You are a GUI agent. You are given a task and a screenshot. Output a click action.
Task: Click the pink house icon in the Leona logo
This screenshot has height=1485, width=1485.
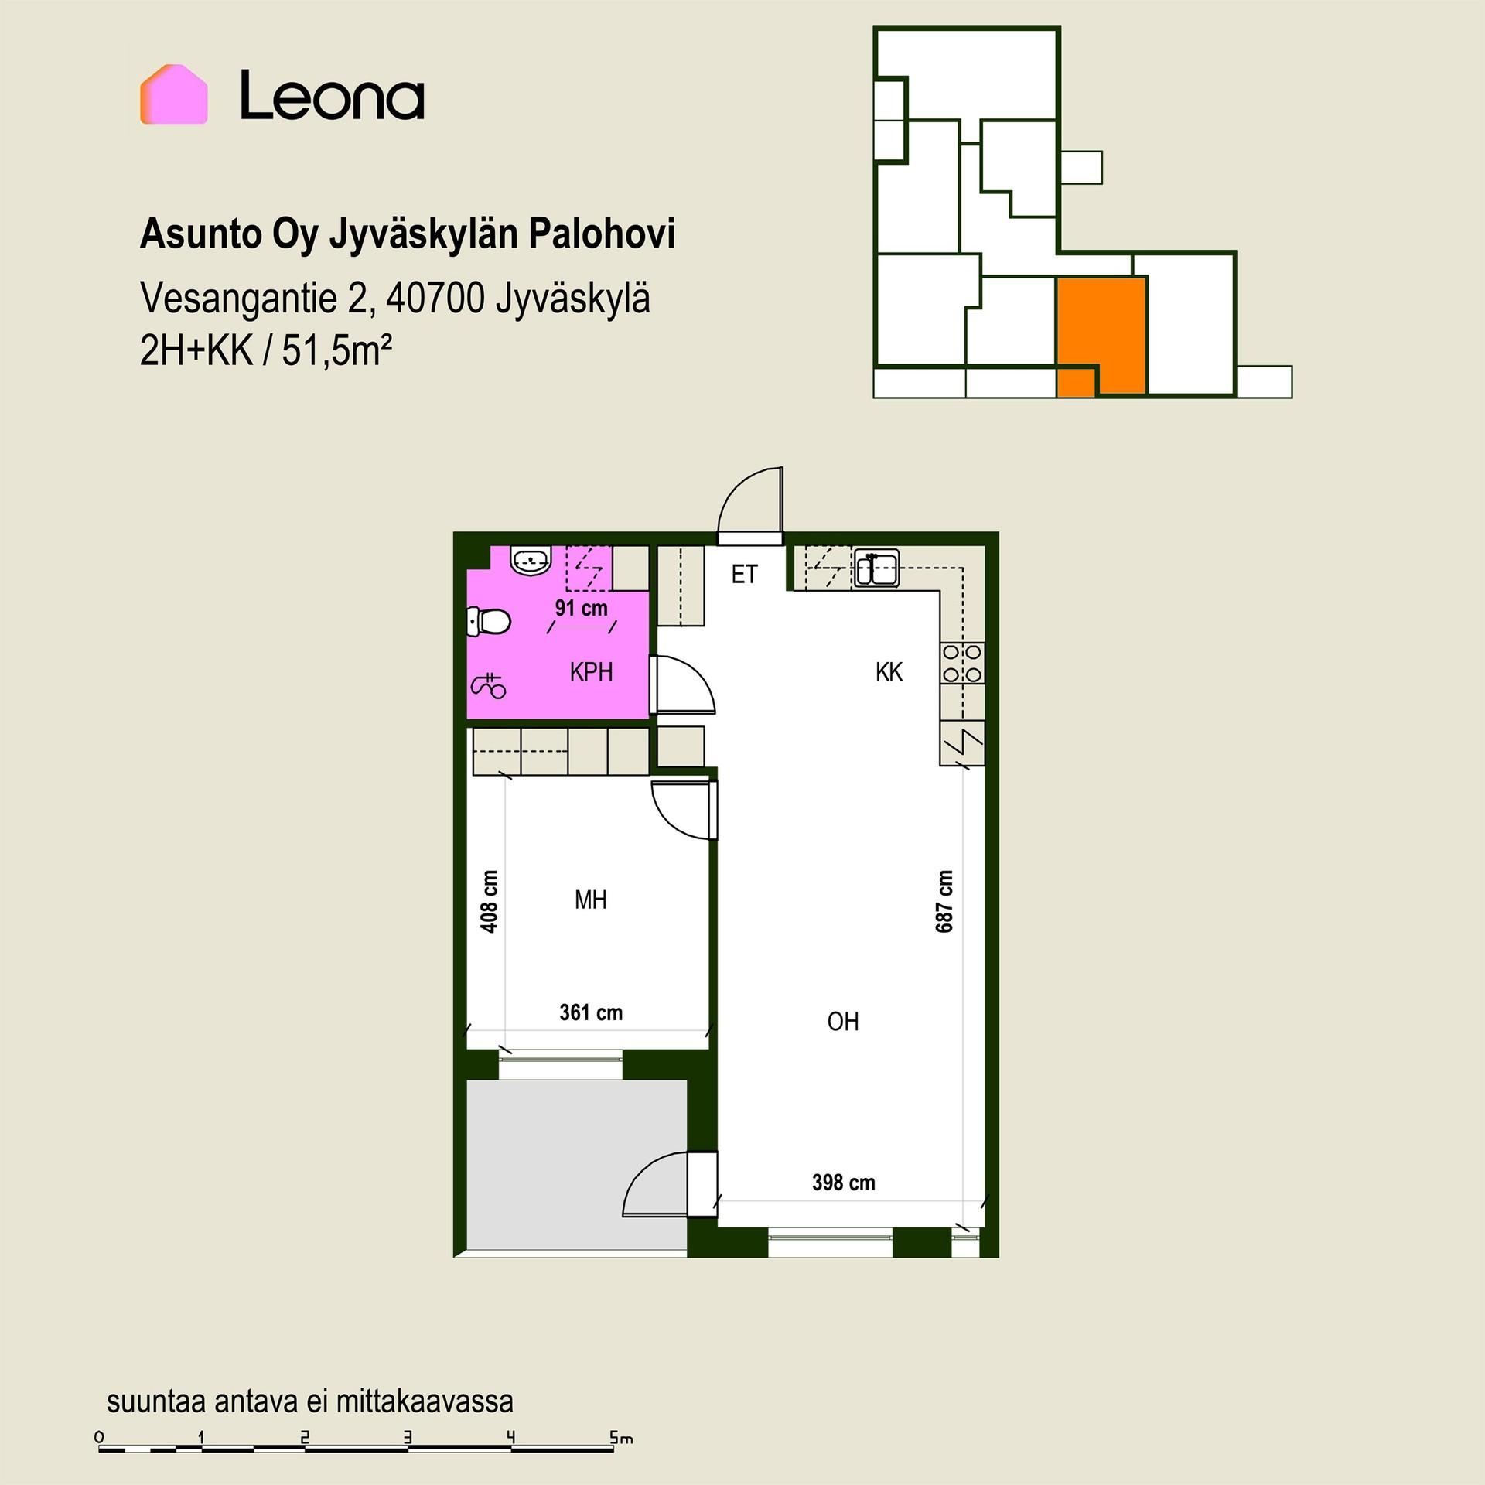click(x=173, y=94)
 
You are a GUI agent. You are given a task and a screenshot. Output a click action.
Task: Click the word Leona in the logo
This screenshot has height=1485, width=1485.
click(x=332, y=96)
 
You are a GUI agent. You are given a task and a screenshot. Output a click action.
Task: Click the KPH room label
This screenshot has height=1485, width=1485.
click(x=591, y=672)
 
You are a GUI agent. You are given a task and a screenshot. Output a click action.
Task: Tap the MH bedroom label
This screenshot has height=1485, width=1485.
click(x=591, y=900)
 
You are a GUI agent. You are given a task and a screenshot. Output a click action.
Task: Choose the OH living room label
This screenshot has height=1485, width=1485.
click(x=843, y=1022)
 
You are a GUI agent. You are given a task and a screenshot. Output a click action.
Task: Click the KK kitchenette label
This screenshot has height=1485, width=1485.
click(x=889, y=672)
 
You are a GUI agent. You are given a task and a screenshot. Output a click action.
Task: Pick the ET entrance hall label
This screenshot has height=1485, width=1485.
click(x=744, y=575)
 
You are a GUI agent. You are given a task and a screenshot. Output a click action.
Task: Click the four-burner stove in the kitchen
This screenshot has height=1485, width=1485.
click(x=962, y=664)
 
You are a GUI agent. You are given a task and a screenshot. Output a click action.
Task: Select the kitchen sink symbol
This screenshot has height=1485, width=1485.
click(x=876, y=569)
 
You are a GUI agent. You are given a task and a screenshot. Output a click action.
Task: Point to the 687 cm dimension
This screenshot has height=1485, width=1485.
click(x=944, y=901)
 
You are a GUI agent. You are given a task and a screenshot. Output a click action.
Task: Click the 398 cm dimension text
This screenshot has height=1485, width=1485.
click(x=843, y=1183)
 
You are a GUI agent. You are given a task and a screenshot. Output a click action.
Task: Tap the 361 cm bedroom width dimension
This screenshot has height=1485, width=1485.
click(x=591, y=1012)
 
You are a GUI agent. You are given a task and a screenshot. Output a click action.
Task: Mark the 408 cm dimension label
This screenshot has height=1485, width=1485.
click(x=489, y=901)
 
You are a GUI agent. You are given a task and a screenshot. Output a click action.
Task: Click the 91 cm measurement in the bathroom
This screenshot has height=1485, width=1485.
click(x=582, y=608)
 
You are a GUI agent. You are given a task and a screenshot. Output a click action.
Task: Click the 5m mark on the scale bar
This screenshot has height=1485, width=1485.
click(x=621, y=1439)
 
